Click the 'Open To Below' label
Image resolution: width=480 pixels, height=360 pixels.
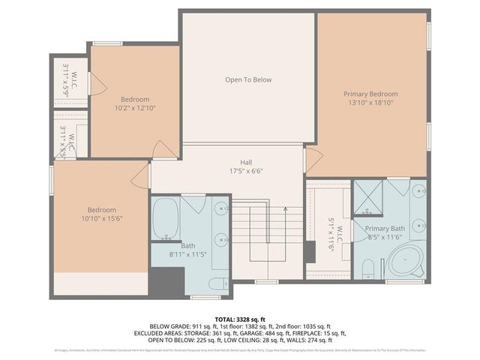[248, 79]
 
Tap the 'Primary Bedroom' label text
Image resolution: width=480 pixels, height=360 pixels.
[370, 94]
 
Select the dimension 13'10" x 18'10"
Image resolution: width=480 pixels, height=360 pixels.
[370, 103]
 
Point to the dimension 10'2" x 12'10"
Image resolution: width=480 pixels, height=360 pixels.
[135, 108]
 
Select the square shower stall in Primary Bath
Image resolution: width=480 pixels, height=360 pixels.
[367, 196]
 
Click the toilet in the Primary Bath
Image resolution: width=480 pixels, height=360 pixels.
[369, 268]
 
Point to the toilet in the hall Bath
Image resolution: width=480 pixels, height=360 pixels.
[217, 283]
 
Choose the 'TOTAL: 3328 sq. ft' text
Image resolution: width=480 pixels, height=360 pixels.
[239, 319]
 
